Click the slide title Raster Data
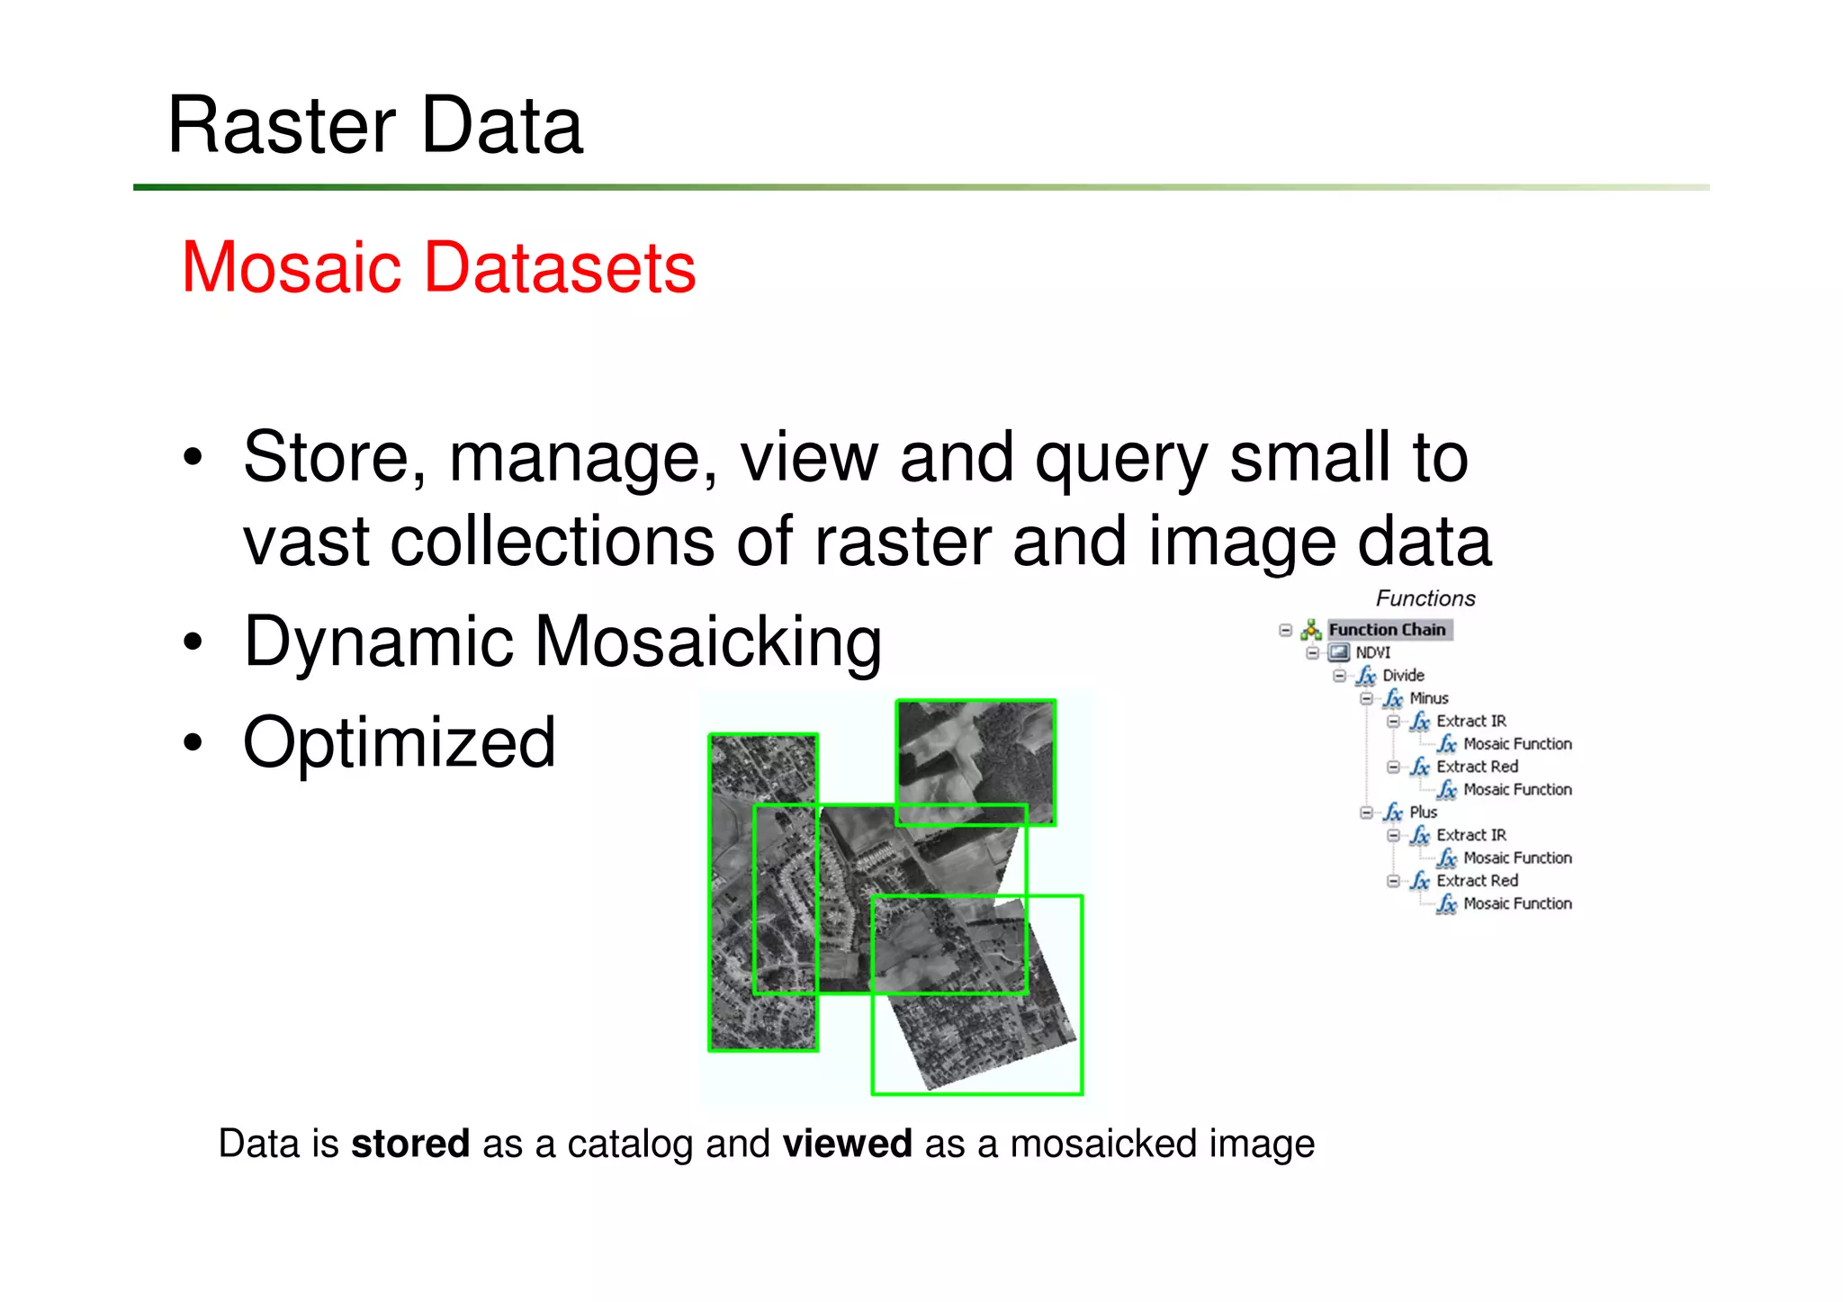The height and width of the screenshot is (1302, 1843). (375, 126)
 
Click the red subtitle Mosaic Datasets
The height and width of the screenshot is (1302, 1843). (438, 267)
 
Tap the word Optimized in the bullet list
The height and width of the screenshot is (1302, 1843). (400, 743)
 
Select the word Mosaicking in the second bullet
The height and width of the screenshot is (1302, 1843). (708, 642)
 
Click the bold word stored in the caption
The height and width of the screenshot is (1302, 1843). (409, 1144)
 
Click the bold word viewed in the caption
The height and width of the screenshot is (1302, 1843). (847, 1144)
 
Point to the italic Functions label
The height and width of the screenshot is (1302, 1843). (1425, 598)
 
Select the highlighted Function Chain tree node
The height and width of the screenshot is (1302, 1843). (1387, 630)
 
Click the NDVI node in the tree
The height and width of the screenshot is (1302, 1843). (1372, 652)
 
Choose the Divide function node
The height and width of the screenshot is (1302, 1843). (1403, 675)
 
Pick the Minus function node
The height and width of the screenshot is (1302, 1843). (1429, 698)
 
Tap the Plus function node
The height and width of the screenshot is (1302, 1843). (1423, 812)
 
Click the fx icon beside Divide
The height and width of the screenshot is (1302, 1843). (1366, 676)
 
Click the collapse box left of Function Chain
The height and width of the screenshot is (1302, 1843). (1286, 630)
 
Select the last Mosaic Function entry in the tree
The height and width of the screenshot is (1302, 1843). (1517, 903)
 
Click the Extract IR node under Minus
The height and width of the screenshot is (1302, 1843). (1470, 721)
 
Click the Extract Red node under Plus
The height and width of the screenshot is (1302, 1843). (1477, 880)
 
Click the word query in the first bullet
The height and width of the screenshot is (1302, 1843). (1121, 459)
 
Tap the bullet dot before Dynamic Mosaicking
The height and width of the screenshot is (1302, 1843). (193, 642)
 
